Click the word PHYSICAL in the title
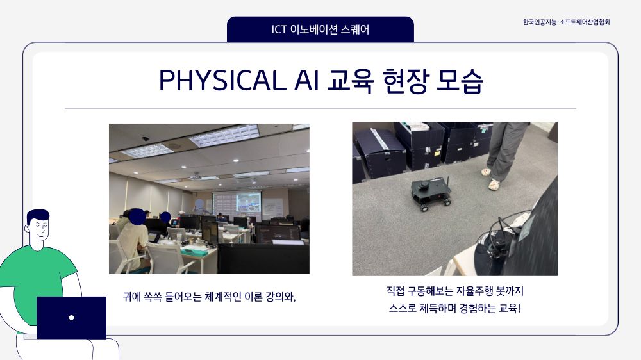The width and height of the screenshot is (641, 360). point(222,81)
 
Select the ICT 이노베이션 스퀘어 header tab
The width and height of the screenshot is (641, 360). point(320,29)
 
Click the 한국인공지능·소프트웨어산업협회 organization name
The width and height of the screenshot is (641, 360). point(566,22)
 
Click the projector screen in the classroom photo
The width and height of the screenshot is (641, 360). point(237,202)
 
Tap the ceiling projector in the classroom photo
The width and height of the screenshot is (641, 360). point(195,176)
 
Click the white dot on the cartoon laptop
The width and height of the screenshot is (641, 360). point(72,318)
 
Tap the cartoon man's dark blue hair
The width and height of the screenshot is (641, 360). point(38,216)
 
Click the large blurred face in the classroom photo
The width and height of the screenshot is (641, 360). point(137,216)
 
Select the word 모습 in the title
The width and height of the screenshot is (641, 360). point(460,81)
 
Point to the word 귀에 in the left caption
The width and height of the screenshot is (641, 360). point(131,297)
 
